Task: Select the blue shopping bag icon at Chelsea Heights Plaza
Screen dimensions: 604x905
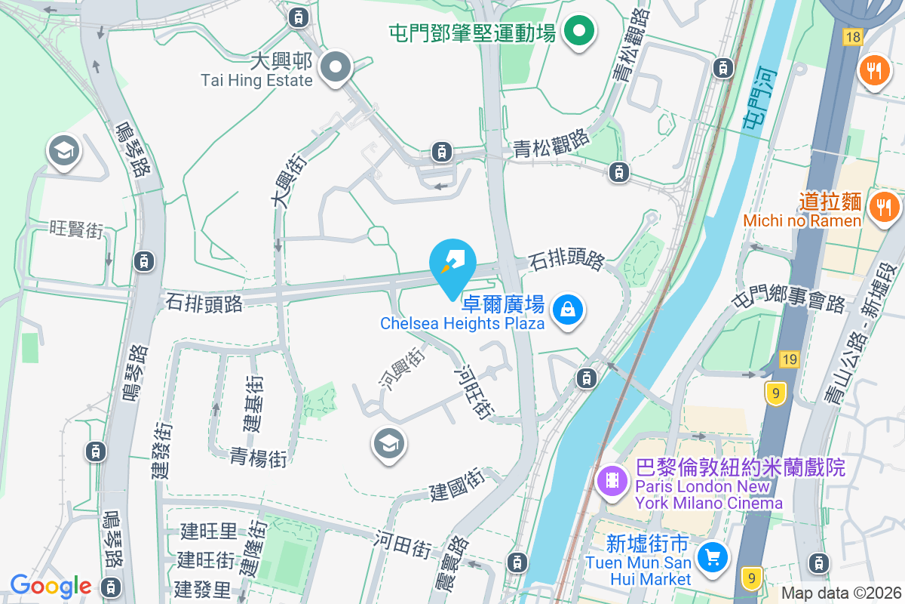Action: pyautogui.click(x=566, y=310)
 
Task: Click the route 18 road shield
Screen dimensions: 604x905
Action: pyautogui.click(x=853, y=36)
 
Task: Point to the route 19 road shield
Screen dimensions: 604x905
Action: pyautogui.click(x=789, y=359)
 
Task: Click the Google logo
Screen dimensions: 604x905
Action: pyautogui.click(x=51, y=586)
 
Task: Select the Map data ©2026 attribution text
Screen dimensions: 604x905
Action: pyautogui.click(x=841, y=593)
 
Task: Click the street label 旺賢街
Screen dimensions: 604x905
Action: pyautogui.click(x=75, y=229)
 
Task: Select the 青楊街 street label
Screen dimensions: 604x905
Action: pyautogui.click(x=259, y=457)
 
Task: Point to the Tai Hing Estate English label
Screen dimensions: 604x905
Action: pyautogui.click(x=256, y=80)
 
